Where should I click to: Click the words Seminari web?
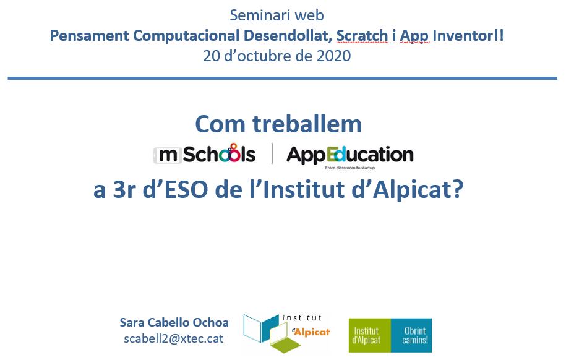(x=277, y=15)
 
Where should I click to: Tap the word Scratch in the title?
(x=362, y=36)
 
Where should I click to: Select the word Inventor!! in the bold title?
(x=468, y=36)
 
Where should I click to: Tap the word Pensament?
(x=90, y=36)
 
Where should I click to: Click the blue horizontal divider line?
(x=282, y=78)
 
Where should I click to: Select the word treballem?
(x=307, y=124)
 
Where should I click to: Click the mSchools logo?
(x=205, y=154)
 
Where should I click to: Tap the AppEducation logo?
(x=349, y=155)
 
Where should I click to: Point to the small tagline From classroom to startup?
(x=349, y=168)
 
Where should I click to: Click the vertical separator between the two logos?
(x=272, y=153)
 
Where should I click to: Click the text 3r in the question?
(x=124, y=189)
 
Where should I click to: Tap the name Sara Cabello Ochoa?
(x=174, y=322)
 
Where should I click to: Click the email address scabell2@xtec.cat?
(x=174, y=339)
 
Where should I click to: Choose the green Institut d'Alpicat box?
(x=370, y=335)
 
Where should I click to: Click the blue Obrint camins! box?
(x=411, y=335)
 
